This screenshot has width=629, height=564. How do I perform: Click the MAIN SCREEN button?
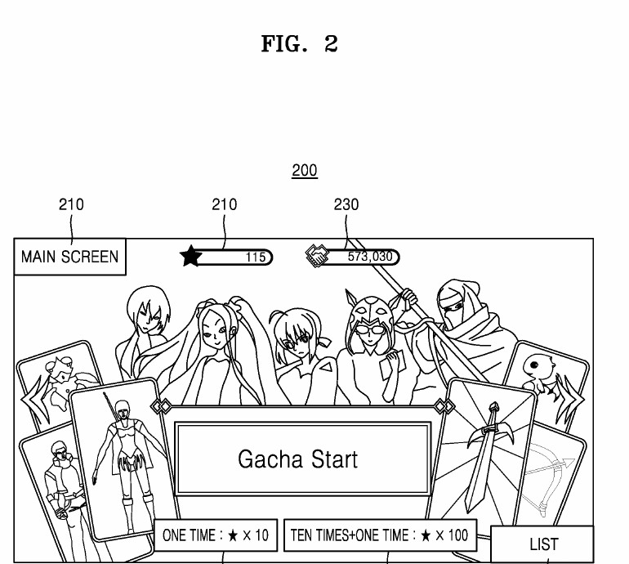(69, 257)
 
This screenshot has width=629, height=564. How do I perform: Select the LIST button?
(542, 544)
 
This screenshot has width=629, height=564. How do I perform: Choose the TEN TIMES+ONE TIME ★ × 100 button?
(381, 535)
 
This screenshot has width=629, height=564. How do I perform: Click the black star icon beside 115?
(190, 256)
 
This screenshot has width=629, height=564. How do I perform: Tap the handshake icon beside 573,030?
(317, 256)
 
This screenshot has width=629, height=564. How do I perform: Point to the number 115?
(256, 257)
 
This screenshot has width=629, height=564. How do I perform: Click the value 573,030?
(370, 256)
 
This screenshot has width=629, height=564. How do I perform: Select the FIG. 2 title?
(300, 43)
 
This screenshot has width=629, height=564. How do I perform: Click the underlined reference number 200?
(305, 171)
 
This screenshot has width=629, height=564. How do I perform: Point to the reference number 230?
(346, 204)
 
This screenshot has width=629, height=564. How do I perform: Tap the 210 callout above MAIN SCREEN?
(71, 204)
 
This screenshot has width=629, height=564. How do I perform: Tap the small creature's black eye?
(534, 365)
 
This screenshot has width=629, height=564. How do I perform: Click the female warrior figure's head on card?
(123, 410)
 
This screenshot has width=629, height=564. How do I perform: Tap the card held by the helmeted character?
(392, 364)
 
